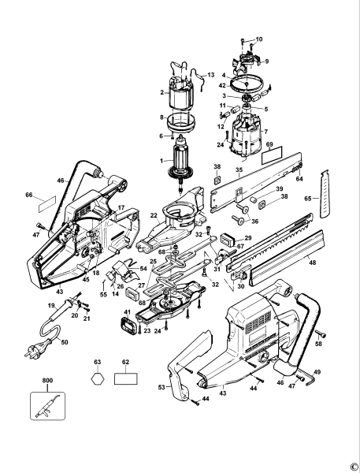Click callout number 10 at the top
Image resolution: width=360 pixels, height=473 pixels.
click(260, 39)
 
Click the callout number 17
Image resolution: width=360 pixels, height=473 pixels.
click(121, 209)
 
